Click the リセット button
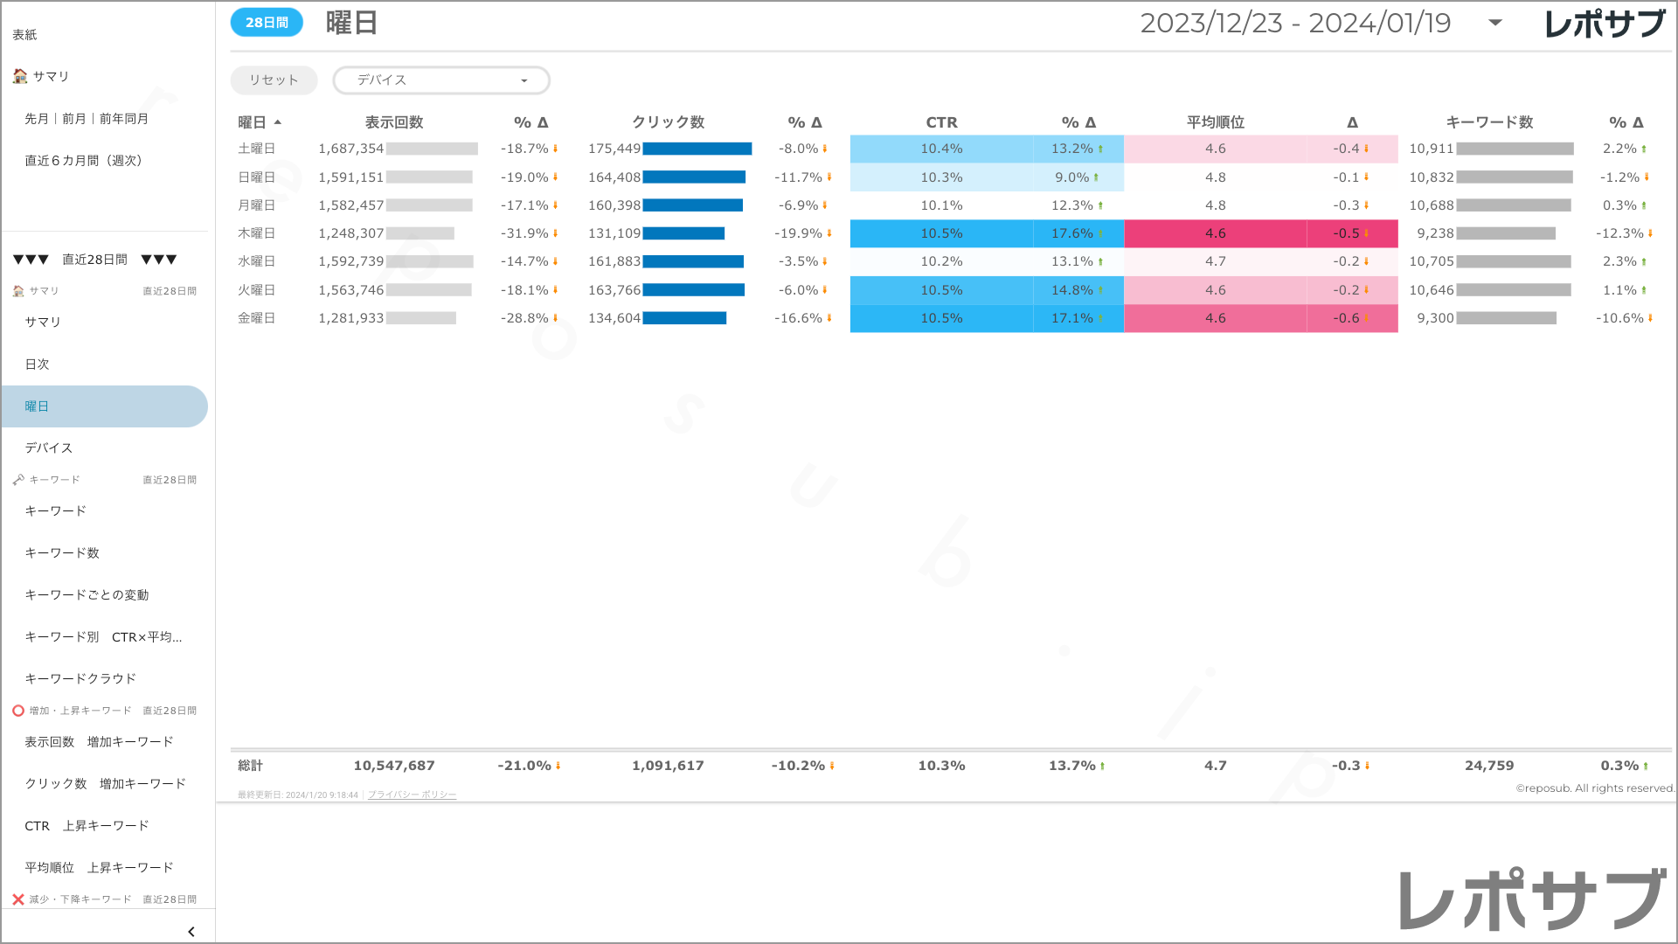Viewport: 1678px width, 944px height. pos(274,80)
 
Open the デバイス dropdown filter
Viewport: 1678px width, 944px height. pos(441,80)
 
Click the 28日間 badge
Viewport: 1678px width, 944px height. pos(267,23)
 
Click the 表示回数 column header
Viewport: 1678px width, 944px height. pos(393,122)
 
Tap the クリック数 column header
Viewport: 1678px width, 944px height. pos(668,122)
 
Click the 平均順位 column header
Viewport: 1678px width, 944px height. pos(1215,122)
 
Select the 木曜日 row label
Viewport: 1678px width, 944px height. pos(256,233)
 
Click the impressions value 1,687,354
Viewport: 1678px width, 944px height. pos(350,149)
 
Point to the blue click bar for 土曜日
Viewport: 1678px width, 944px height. pos(697,149)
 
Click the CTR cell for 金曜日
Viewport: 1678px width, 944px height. pos(941,318)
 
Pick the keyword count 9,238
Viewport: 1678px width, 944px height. pos(1435,233)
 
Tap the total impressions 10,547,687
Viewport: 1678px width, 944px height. pos(393,766)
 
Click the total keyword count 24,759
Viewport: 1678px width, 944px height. pos(1489,766)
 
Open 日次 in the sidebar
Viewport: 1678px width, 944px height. pos(38,364)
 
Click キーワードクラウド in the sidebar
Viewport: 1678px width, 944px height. pos(80,678)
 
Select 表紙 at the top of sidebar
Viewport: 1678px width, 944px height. pos(24,35)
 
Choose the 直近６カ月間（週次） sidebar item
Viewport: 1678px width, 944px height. pos(83,160)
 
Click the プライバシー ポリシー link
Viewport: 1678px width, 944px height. pos(412,795)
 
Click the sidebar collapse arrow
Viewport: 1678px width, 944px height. pos(191,932)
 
